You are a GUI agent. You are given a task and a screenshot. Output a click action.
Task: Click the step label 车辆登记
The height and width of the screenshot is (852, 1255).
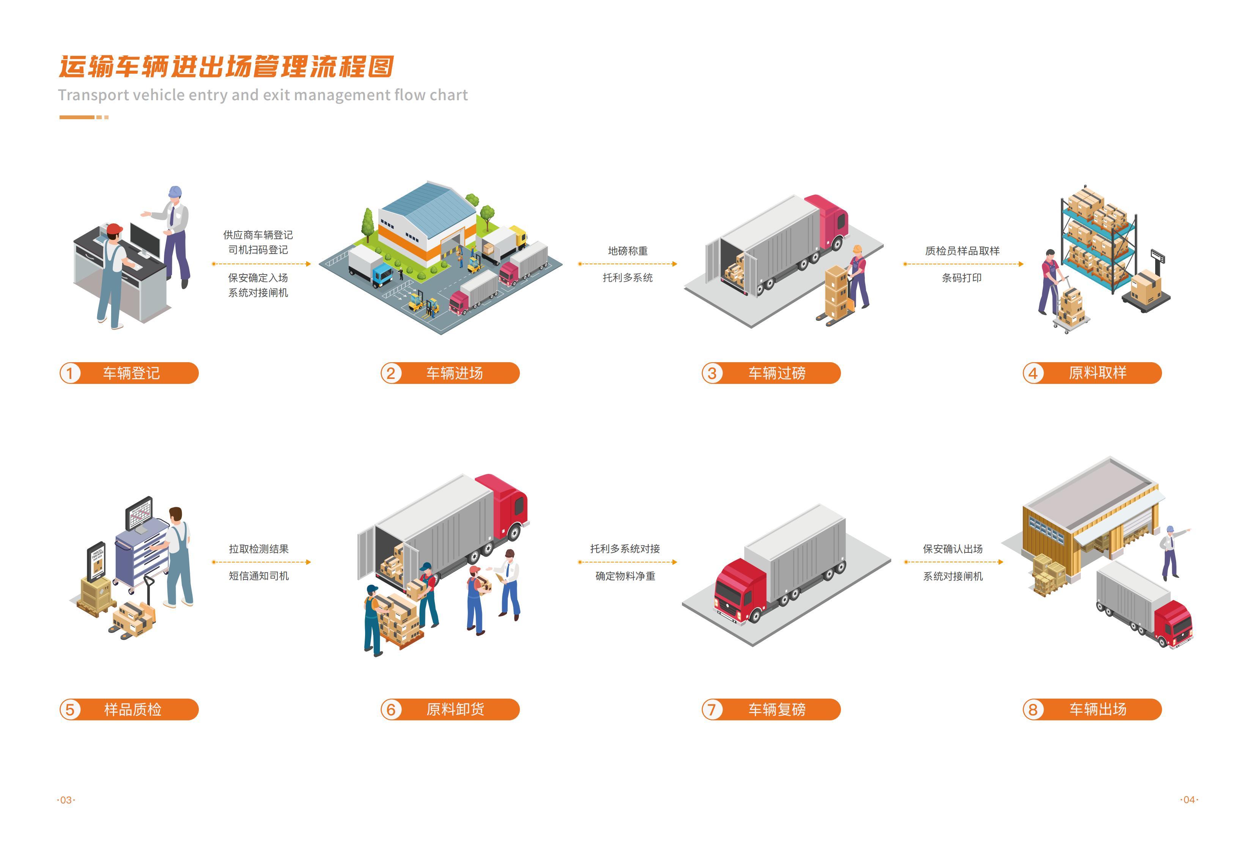coord(131,373)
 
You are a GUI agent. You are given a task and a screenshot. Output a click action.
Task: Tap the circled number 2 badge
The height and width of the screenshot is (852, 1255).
coord(391,373)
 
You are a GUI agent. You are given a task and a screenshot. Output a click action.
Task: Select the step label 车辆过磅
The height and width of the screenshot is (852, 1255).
coord(776,373)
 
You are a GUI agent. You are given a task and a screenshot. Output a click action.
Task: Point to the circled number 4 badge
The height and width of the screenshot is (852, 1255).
coord(1033,373)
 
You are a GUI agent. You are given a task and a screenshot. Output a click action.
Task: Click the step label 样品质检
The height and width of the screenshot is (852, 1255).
coord(132,709)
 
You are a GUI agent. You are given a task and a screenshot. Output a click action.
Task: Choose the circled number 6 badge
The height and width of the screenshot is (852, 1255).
coord(391,709)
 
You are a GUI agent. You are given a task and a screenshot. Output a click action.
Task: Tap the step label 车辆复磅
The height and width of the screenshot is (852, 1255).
coord(776,709)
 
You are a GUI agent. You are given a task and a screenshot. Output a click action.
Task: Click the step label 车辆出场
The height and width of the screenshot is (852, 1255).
coord(1098,709)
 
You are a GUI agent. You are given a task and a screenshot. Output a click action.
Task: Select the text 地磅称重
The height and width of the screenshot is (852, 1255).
coord(628,251)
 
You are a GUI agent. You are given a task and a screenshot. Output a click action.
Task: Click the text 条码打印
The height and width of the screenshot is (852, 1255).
coord(962,278)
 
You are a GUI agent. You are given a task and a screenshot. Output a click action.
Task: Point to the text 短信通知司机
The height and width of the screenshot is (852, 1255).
coord(259,576)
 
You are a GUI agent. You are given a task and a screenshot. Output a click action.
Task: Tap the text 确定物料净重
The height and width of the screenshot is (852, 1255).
coord(625,576)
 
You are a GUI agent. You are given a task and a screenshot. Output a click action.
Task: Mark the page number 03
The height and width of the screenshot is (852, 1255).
coord(66,800)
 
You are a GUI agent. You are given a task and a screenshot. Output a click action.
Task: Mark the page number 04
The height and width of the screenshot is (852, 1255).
coord(1189,800)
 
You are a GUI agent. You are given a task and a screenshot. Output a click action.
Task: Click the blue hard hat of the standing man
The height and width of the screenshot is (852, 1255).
coord(175,192)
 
